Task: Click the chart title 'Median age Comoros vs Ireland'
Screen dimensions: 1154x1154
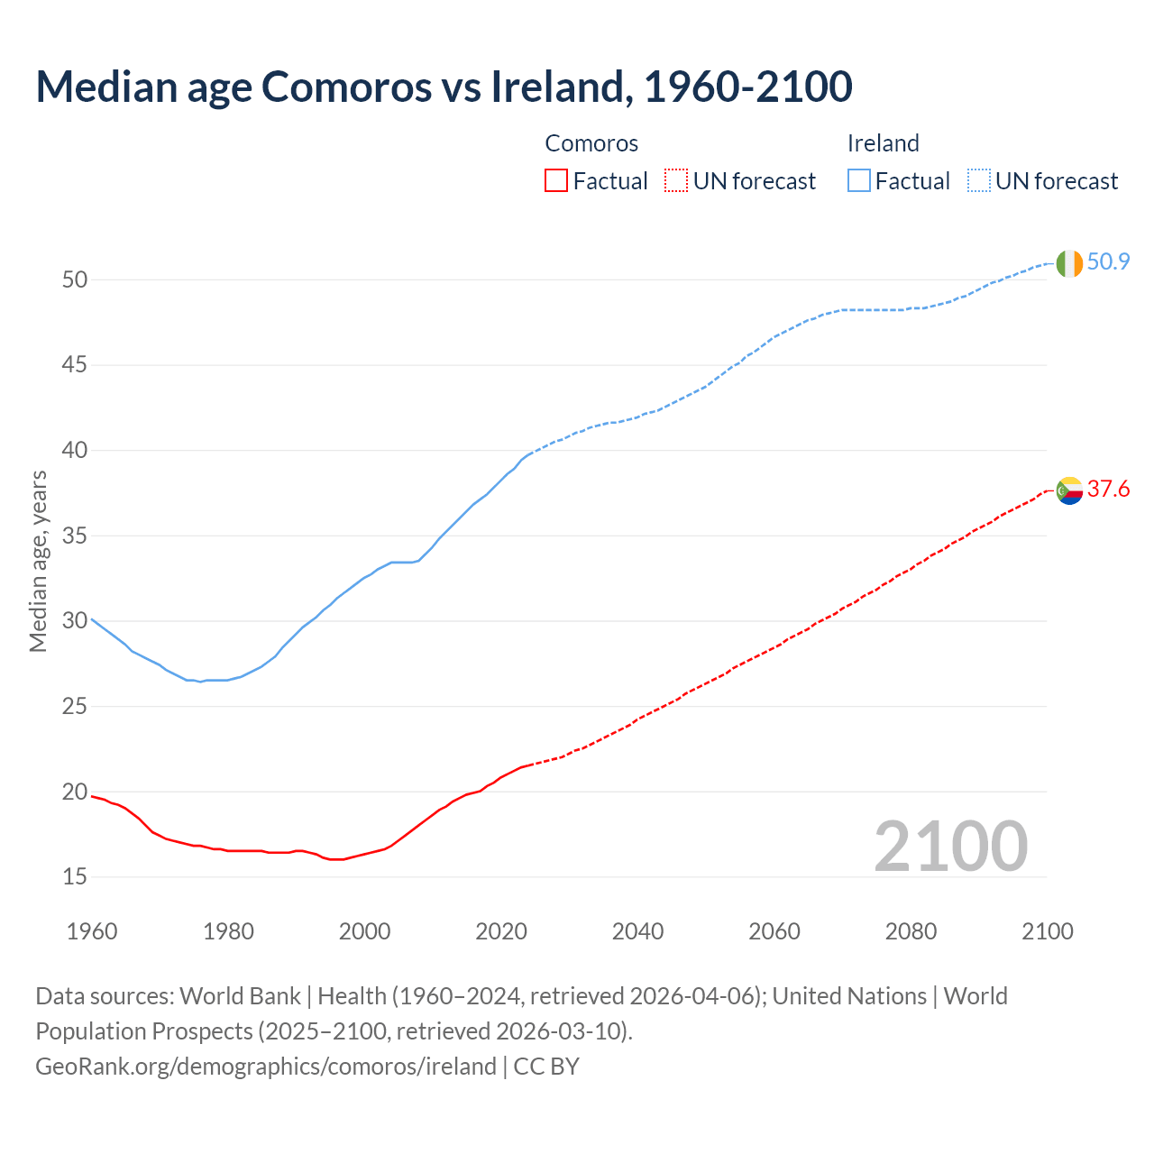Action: (444, 87)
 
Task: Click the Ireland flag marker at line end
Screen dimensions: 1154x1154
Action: (1069, 263)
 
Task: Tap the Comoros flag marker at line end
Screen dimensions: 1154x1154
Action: (1069, 490)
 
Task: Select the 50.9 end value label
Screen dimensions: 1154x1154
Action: (1108, 262)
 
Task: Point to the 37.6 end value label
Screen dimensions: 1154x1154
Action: (1108, 490)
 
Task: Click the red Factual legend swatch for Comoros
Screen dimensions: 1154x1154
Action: (556, 181)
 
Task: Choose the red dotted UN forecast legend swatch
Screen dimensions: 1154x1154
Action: (676, 181)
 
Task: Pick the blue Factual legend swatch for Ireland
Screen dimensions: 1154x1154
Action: (858, 181)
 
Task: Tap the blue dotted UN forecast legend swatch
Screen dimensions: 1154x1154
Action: (978, 181)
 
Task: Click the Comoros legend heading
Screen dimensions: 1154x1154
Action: (591, 143)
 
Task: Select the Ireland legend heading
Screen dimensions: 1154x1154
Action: (883, 143)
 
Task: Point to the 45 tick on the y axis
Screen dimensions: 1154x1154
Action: (75, 365)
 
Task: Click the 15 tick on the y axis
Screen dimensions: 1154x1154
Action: (75, 876)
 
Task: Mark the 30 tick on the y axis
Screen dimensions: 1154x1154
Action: (75, 621)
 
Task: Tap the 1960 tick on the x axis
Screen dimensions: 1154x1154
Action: (92, 931)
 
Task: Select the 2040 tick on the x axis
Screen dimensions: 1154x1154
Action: (637, 931)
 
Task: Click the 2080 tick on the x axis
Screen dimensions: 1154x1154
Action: (911, 931)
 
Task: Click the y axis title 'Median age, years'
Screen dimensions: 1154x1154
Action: (38, 561)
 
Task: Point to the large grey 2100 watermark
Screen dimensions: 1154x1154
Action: (950, 846)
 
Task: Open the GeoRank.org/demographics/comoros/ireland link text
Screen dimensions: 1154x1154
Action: (266, 1067)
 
